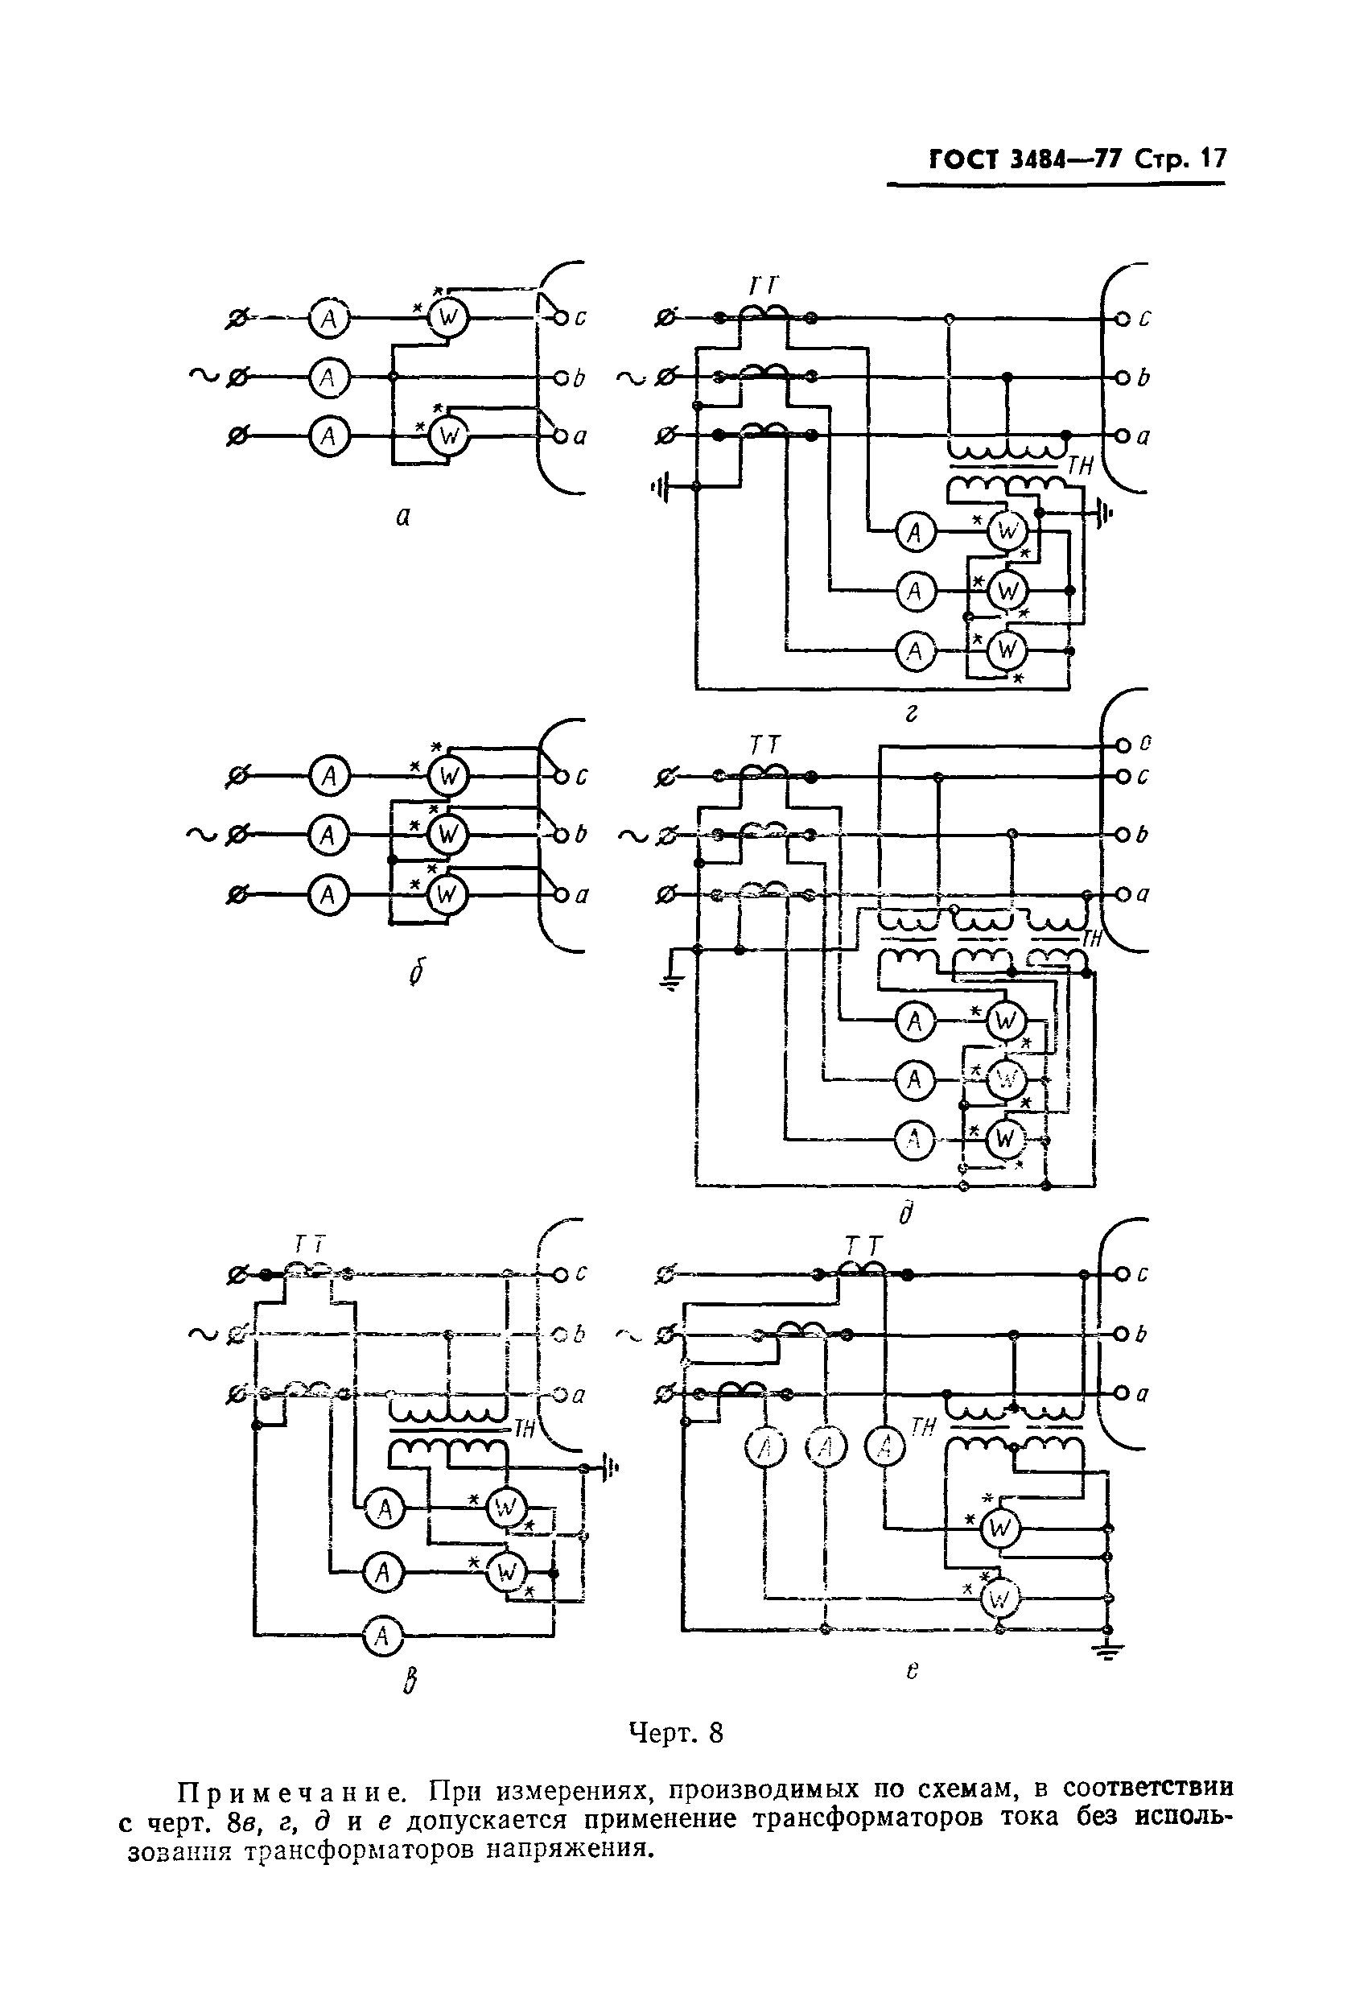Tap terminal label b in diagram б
(x=581, y=835)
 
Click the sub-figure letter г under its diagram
(x=912, y=713)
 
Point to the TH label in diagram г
(x=1080, y=466)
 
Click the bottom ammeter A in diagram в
(x=383, y=1636)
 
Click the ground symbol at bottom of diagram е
(x=1107, y=1651)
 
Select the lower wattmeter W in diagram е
(x=999, y=1599)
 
